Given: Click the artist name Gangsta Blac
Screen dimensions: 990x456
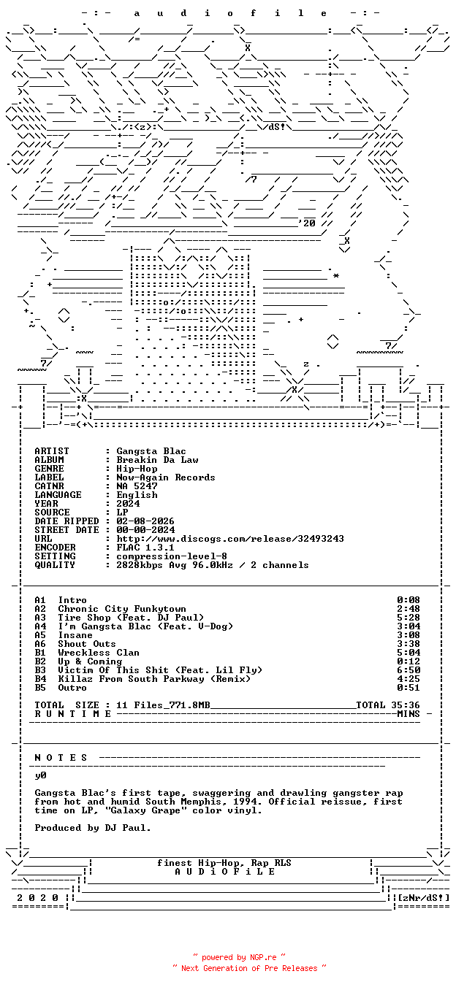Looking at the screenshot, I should click(x=151, y=451).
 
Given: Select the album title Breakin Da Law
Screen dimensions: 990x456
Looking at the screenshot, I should click(x=157, y=460).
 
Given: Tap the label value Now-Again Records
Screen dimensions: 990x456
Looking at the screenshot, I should click(x=166, y=477).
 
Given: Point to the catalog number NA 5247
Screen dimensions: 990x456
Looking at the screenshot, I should click(x=137, y=486).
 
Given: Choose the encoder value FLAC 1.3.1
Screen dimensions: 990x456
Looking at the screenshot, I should click(x=145, y=548).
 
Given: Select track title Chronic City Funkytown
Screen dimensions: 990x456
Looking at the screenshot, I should click(x=122, y=609).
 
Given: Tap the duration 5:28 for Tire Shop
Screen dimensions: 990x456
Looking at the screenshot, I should click(x=408, y=618).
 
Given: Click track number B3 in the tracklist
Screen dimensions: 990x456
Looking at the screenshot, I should click(x=40, y=670).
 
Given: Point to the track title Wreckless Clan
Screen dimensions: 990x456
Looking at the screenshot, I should click(x=99, y=653).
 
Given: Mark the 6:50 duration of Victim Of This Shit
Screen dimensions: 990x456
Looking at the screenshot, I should click(x=408, y=670).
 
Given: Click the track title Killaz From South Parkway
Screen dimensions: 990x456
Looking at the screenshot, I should click(x=132, y=679).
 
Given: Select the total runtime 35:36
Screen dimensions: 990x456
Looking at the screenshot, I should click(x=408, y=705).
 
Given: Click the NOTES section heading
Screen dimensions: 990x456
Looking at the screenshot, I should click(x=61, y=758).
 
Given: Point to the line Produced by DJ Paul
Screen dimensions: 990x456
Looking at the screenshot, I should click(x=93, y=828).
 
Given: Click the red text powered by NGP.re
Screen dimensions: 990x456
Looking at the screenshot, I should click(x=239, y=957).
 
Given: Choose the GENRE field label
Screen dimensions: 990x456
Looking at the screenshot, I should click(x=49, y=469).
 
